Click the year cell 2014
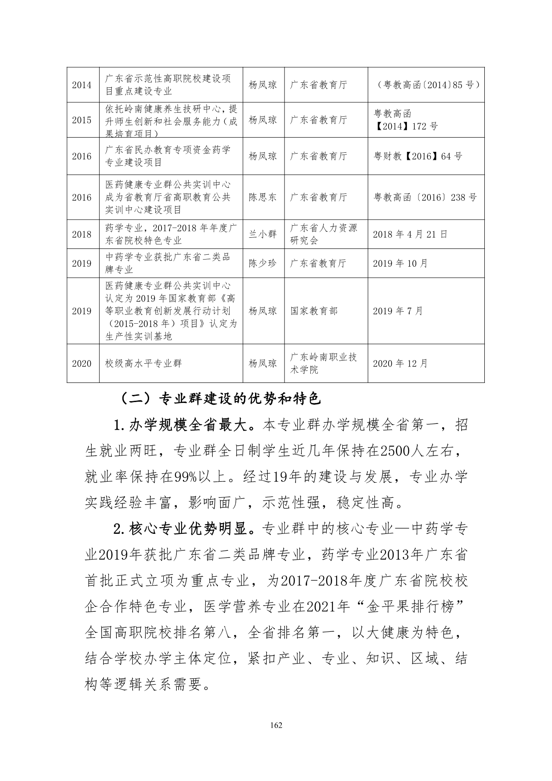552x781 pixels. point(82,85)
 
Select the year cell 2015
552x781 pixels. point(82,120)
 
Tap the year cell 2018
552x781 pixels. point(82,235)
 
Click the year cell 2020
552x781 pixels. point(82,364)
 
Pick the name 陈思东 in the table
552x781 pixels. point(263,197)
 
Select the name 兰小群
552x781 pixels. point(263,234)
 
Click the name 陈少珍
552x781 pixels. point(263,264)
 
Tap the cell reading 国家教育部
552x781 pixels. point(314,311)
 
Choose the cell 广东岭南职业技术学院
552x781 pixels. point(324,363)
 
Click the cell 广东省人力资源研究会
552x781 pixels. point(324,234)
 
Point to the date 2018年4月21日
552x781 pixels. point(410,234)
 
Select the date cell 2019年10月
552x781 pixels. point(400,264)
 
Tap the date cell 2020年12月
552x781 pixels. point(400,364)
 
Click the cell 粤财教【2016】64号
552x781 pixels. point(418,156)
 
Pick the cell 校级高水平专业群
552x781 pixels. point(143,364)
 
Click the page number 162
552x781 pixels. point(276,725)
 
